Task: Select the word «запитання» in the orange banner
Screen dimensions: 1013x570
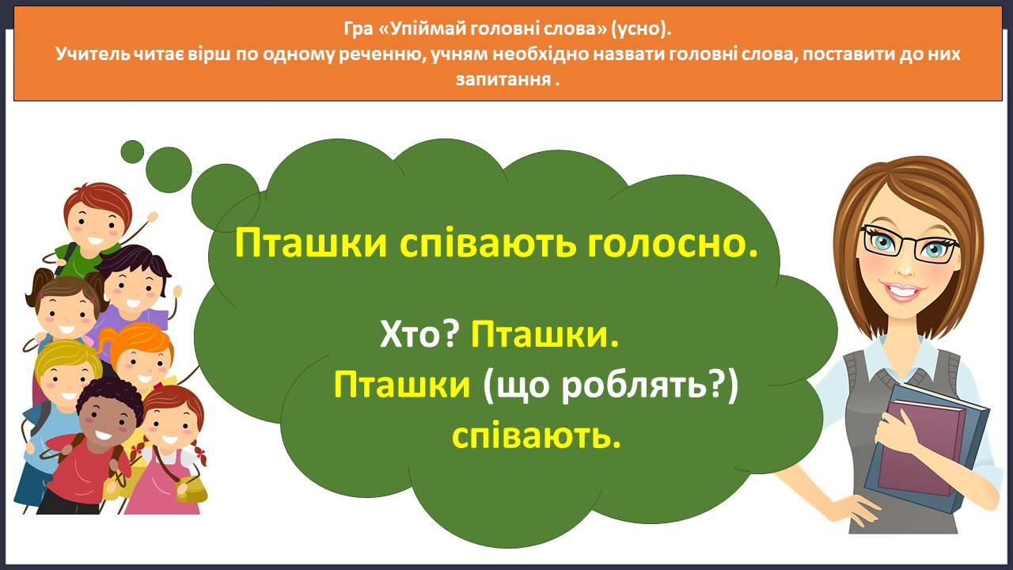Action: [503, 80]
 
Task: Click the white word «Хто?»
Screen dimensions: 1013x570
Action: [419, 335]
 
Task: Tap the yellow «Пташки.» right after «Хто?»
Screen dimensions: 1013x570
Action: [544, 335]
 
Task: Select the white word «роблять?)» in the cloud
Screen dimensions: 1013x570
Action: [650, 386]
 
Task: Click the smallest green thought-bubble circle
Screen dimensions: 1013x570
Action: [132, 151]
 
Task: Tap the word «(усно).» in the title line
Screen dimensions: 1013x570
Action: [641, 29]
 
